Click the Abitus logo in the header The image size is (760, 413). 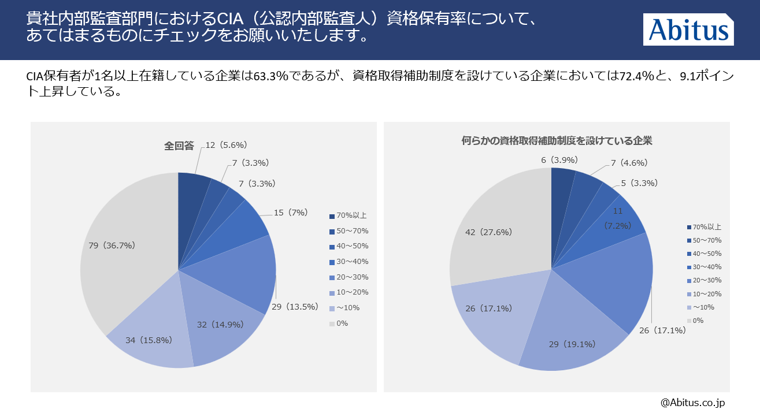tap(688, 29)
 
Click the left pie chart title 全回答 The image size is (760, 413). tap(179, 146)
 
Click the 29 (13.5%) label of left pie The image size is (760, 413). tap(294, 307)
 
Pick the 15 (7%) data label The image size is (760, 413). tap(290, 213)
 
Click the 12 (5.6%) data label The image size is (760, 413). tap(230, 145)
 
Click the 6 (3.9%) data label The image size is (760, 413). tap(559, 159)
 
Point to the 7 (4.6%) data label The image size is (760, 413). tap(628, 163)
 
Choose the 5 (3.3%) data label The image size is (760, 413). tap(639, 183)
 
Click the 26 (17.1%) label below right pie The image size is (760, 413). tap(662, 330)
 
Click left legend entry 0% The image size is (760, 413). tap(342, 323)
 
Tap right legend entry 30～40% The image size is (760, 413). tap(706, 267)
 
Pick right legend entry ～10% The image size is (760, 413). tap(703, 307)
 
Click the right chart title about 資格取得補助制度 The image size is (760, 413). tap(557, 140)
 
